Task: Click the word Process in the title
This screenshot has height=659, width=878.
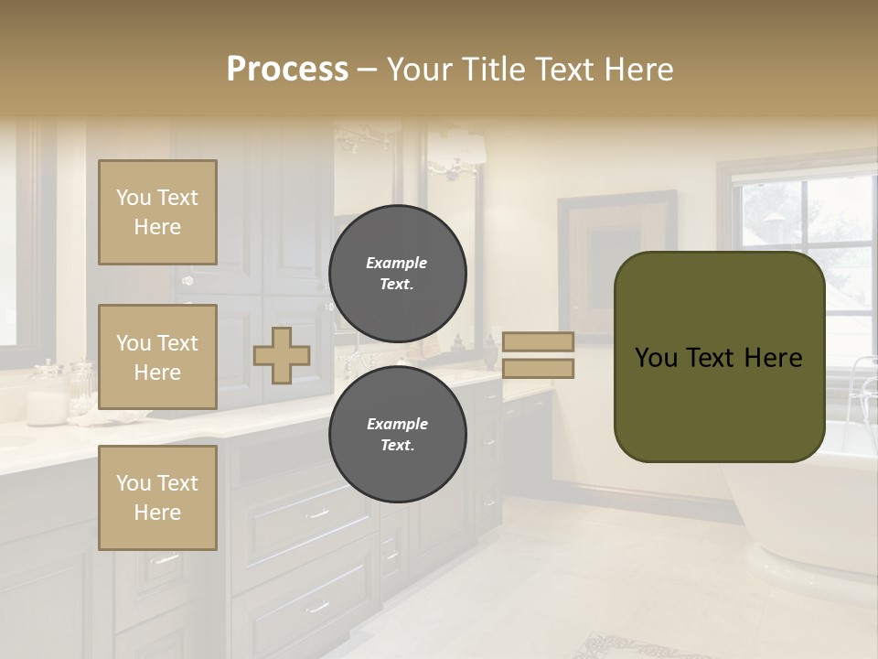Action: coord(287,70)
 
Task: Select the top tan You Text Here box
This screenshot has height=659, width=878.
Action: coord(157,212)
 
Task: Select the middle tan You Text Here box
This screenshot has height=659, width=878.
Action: coord(157,357)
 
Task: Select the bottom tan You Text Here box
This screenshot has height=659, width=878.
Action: coord(157,497)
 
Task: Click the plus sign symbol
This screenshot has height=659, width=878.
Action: coord(282,355)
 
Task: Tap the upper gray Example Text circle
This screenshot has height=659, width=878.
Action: coord(397,273)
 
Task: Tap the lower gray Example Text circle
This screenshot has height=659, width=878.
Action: coord(397,434)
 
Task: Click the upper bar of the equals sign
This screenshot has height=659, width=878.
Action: coord(538,341)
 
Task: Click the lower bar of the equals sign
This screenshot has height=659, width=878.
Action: coord(538,368)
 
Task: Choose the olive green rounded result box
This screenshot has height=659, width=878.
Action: coord(719,403)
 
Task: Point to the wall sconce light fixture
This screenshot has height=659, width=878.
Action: coord(455,151)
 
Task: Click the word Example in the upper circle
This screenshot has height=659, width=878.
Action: coord(397,263)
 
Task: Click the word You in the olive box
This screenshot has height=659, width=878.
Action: coord(656,358)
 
